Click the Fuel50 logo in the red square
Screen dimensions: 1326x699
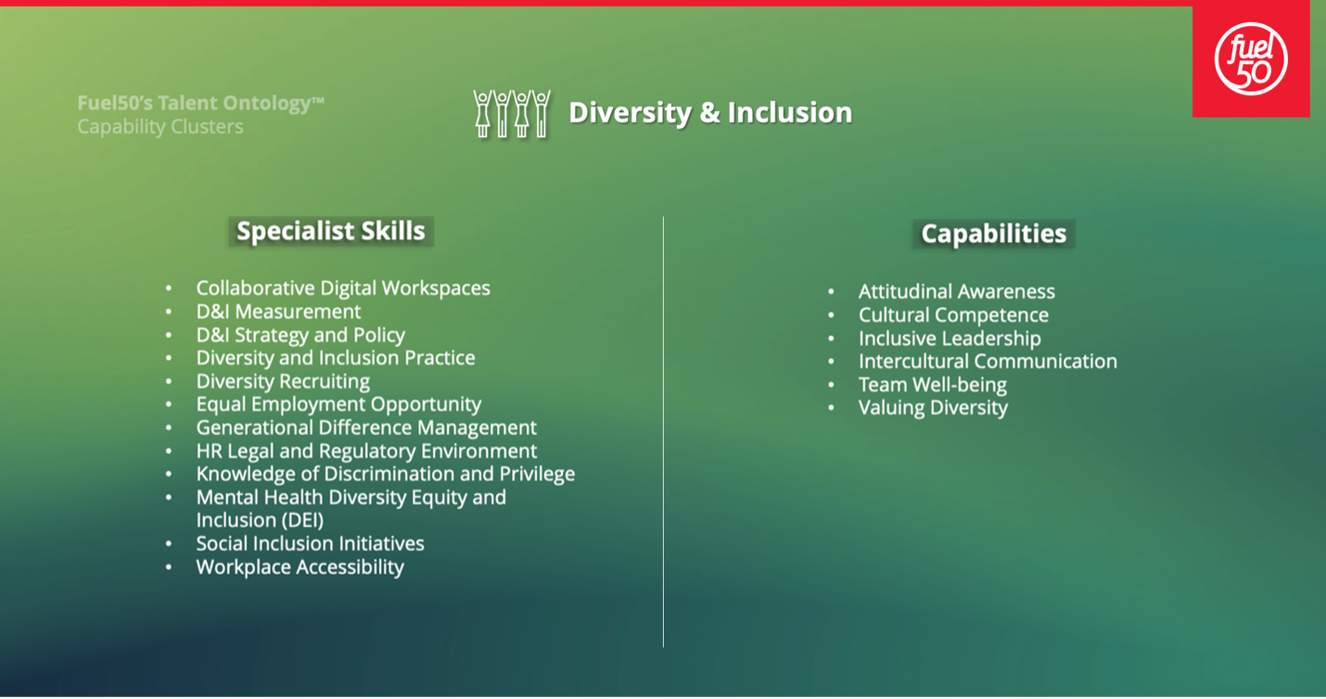pos(1251,58)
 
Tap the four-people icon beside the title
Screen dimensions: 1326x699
pos(512,114)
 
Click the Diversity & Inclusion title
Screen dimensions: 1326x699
pos(710,112)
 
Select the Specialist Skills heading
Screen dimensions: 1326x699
pos(331,231)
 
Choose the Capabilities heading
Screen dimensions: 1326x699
pos(994,234)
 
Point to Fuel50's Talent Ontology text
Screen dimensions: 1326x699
pos(200,103)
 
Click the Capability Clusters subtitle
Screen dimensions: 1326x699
pos(160,127)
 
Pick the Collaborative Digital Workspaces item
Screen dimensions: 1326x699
pos(343,288)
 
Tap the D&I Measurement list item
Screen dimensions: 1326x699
pos(278,311)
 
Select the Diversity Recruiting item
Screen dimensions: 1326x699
pos(283,381)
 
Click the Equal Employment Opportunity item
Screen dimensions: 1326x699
pos(338,404)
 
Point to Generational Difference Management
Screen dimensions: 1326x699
pos(366,427)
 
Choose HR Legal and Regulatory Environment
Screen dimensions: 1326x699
pos(366,451)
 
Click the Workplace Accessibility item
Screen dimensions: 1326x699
pos(300,567)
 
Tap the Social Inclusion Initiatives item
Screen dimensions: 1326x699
pos(311,543)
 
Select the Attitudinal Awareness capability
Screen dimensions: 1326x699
pos(957,291)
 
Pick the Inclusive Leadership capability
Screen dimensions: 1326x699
pos(950,338)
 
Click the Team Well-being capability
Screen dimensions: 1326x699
pos(932,385)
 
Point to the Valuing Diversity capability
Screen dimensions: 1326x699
pos(933,408)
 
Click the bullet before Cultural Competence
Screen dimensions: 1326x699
pos(831,315)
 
